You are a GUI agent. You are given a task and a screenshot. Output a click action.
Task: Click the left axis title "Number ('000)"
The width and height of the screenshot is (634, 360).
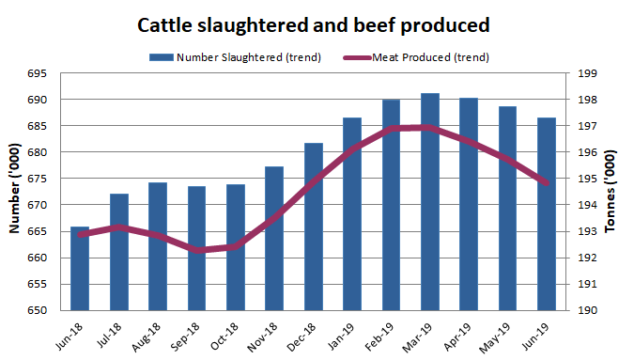pos(16,192)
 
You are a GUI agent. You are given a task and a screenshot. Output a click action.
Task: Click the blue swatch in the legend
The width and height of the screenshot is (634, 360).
pos(161,57)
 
